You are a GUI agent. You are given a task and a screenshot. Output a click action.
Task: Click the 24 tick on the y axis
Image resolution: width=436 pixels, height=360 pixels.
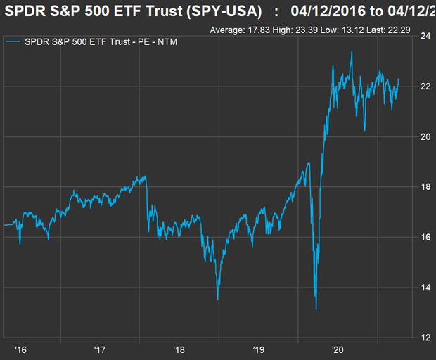tap(425, 37)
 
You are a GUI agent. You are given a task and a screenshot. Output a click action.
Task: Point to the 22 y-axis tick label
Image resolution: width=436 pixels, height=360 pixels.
tap(425, 86)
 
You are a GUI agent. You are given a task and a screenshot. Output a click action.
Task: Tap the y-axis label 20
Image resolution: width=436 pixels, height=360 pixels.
tap(425, 136)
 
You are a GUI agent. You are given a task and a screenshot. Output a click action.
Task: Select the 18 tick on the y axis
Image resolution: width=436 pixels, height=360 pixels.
tap(425, 187)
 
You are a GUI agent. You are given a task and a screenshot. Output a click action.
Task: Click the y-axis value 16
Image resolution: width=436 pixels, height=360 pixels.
tap(425, 237)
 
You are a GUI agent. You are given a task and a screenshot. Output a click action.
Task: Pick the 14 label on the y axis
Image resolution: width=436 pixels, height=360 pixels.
tap(425, 288)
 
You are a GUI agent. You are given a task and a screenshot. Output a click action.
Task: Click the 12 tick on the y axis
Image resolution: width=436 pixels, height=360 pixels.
tap(425, 337)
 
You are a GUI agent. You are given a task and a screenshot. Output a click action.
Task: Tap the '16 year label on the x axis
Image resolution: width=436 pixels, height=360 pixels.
tap(21, 349)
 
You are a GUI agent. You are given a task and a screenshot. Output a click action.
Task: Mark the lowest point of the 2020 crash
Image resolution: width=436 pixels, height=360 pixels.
tap(316, 309)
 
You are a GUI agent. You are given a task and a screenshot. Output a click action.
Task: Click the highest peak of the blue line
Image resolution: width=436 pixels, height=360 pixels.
tap(352, 51)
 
